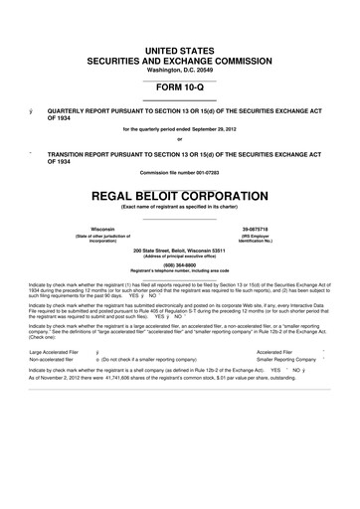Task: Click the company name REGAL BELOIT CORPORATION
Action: pos(180,194)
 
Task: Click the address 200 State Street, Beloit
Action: pos(180,250)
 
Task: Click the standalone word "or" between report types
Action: pos(180,138)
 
